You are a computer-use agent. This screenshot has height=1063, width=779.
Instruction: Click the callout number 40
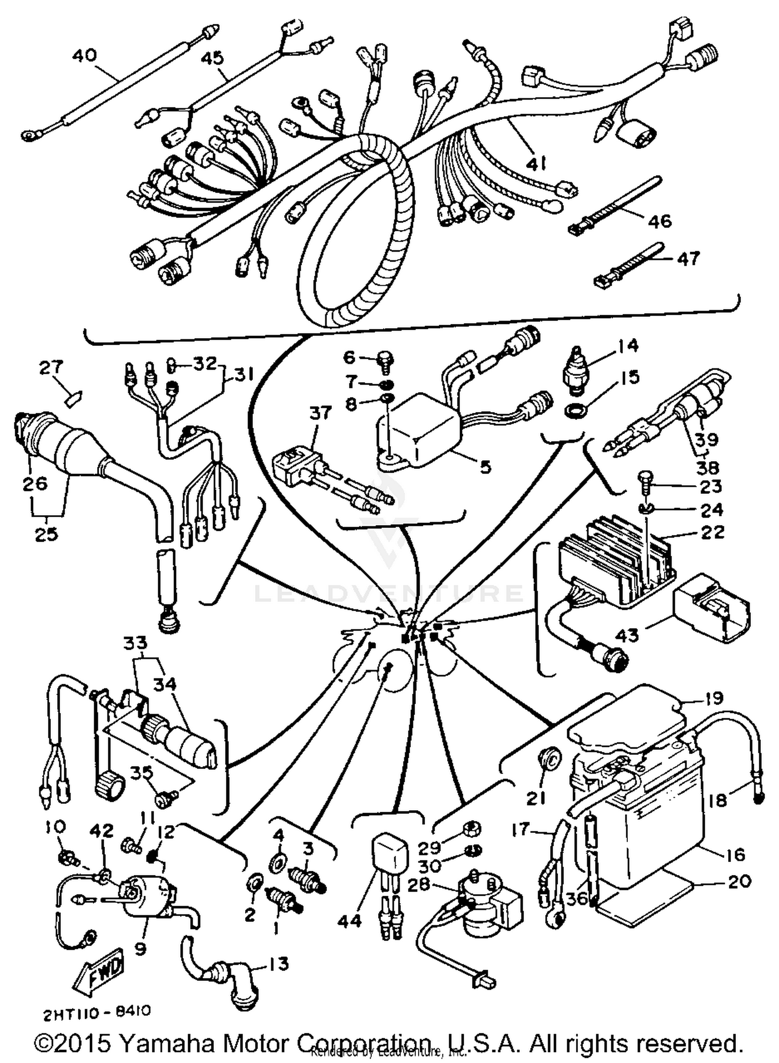85,55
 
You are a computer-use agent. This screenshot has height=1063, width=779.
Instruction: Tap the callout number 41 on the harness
535,164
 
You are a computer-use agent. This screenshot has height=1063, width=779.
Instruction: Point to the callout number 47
689,258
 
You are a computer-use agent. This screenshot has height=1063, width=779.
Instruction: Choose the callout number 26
34,483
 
